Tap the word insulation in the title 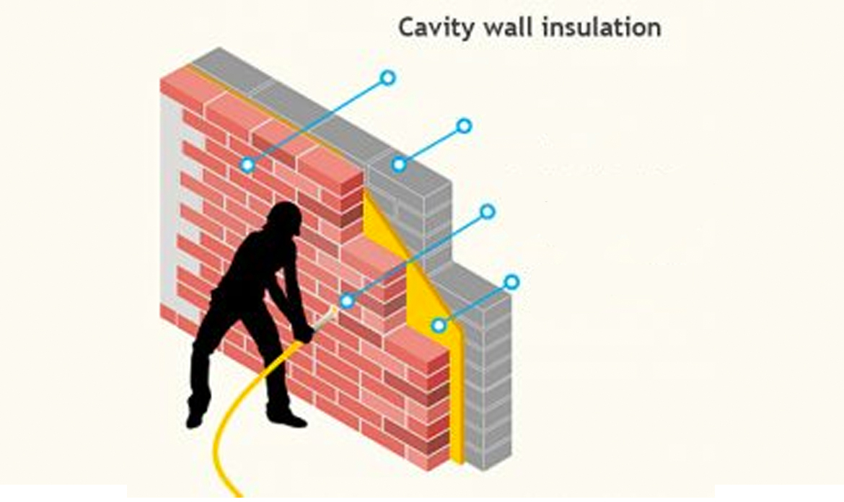coord(601,27)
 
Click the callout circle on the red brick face coord(247,164)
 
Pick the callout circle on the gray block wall coord(399,164)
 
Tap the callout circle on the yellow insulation coord(439,325)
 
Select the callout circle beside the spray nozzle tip coord(347,301)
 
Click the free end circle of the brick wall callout coord(387,78)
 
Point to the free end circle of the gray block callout coord(464,126)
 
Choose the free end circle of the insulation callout coord(511,282)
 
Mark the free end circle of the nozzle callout coord(487,211)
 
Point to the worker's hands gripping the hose coord(304,334)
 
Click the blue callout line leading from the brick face coord(317,121)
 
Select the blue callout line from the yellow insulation coord(475,304)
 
